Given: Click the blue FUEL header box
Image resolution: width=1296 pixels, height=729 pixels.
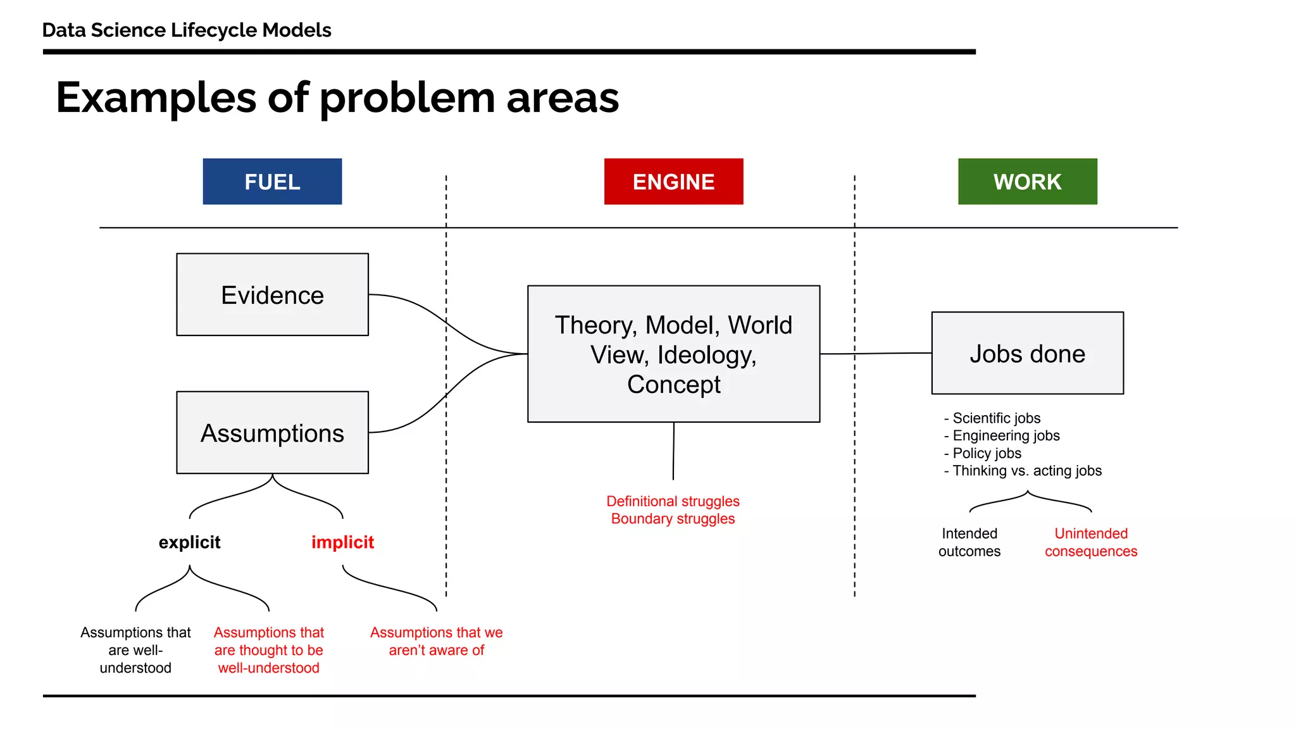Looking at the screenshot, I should point(272,182).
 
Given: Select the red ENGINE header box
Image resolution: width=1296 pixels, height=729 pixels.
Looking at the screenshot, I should point(673,182).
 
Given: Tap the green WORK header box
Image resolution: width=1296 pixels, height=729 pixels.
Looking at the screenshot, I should point(1027,182).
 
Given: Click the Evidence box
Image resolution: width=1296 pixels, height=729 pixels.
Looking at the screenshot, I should point(272,295).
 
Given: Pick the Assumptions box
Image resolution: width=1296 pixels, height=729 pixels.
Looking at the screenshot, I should point(272,433).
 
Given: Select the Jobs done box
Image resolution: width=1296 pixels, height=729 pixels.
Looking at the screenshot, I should point(1027,353).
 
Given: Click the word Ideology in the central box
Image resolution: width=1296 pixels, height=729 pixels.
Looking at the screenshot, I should point(706,355).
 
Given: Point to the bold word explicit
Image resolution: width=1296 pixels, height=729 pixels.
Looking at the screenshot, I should point(189,542).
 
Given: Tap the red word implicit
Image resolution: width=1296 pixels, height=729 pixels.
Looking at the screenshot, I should point(342,542).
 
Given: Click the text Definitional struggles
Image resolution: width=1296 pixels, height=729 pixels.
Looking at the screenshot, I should point(673,501).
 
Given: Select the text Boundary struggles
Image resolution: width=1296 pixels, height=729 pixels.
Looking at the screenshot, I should point(673,519).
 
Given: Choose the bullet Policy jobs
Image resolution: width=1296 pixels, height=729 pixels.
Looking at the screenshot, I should point(986,453).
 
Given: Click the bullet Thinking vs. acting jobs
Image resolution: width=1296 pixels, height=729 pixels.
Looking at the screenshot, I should point(1026,471).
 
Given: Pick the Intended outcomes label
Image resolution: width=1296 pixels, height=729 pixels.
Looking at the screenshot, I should point(969,542).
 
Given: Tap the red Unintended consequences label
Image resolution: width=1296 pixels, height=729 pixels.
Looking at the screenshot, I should point(1090,542).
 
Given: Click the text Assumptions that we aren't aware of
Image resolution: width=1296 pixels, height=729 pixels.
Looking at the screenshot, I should point(436,641).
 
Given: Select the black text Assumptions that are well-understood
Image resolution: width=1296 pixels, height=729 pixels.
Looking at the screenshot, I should point(135,650).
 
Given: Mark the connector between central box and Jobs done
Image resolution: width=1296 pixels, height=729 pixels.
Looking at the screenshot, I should point(875,354).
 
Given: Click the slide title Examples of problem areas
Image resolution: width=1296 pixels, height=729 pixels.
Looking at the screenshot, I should point(337,97).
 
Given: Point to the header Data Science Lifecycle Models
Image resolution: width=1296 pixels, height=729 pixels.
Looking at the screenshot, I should point(187,30).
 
